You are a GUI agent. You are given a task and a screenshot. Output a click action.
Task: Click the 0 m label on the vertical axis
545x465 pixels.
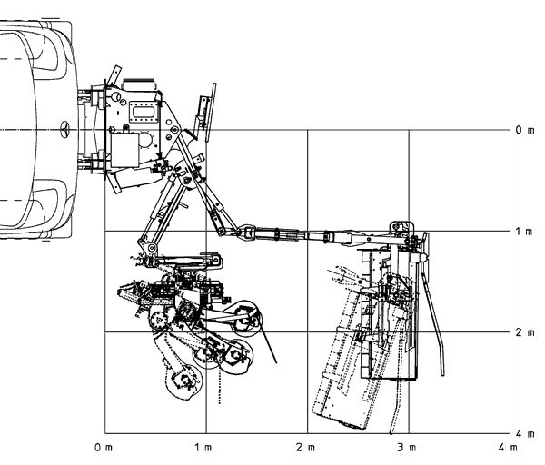click(x=524, y=131)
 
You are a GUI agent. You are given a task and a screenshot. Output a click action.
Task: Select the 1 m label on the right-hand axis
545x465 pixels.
click(x=524, y=232)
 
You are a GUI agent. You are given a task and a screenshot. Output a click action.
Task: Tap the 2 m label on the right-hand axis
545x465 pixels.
click(x=524, y=332)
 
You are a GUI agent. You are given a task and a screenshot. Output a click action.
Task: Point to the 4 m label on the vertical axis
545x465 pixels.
click(x=524, y=433)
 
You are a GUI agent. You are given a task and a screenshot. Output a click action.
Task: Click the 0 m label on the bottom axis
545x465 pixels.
click(x=104, y=448)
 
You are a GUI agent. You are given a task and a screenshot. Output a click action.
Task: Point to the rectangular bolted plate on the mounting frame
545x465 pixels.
click(x=141, y=111)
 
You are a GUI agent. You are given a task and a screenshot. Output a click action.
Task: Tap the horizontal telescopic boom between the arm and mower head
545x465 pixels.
click(x=300, y=238)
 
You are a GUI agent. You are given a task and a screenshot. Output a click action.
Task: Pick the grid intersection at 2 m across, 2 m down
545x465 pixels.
click(x=307, y=332)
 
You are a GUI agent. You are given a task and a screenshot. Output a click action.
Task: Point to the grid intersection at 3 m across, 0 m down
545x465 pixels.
click(x=409, y=131)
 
